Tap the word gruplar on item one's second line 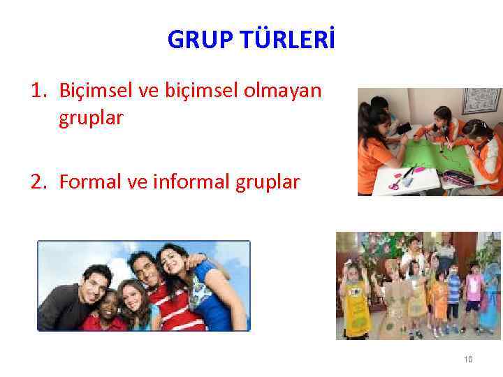(x=91, y=119)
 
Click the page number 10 (x=468, y=360)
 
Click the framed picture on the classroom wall (x=481, y=101)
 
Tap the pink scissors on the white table (x=395, y=184)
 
